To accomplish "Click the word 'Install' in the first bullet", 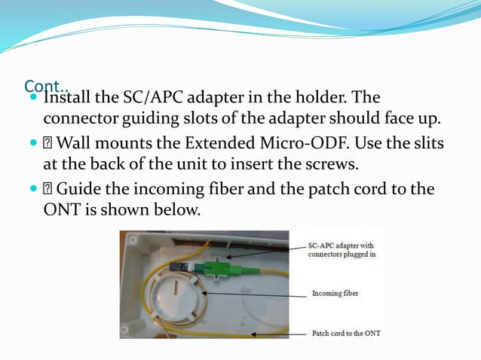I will pos(66,98).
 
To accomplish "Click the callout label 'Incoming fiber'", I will pos(335,293).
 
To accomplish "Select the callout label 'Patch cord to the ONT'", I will pos(346,332).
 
